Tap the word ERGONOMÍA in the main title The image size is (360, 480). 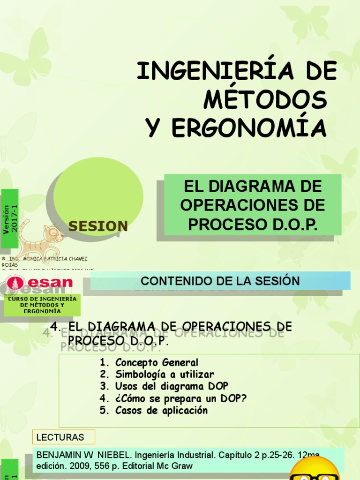tap(249, 127)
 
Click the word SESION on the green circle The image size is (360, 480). tap(98, 226)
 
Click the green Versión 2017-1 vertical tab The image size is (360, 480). tap(10, 219)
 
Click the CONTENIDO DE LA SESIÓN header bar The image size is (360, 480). tap(220, 281)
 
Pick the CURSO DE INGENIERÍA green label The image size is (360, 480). tap(42, 305)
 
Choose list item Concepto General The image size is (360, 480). tap(157, 362)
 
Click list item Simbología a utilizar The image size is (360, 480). tap(165, 375)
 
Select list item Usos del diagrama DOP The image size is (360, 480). tap(172, 386)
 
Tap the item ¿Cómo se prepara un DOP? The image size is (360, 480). tap(181, 398)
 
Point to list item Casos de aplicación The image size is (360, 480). tap(161, 411)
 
